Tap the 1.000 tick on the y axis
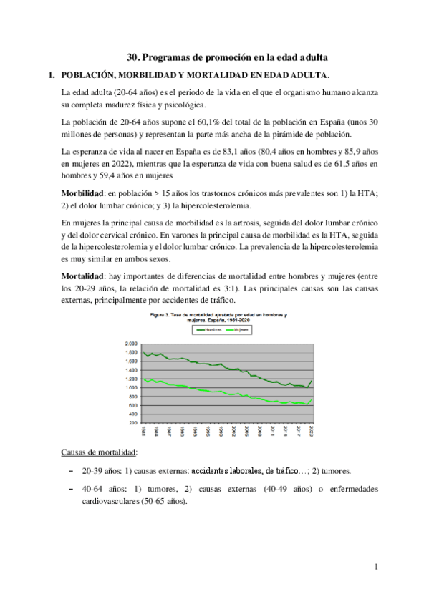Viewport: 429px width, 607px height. pos(130,387)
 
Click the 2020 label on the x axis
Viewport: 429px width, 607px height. pos(310,432)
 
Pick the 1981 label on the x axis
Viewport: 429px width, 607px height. pos(143,432)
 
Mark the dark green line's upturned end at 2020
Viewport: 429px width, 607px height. pos(311,381)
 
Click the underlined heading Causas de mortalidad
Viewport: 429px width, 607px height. pos(100,452)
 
